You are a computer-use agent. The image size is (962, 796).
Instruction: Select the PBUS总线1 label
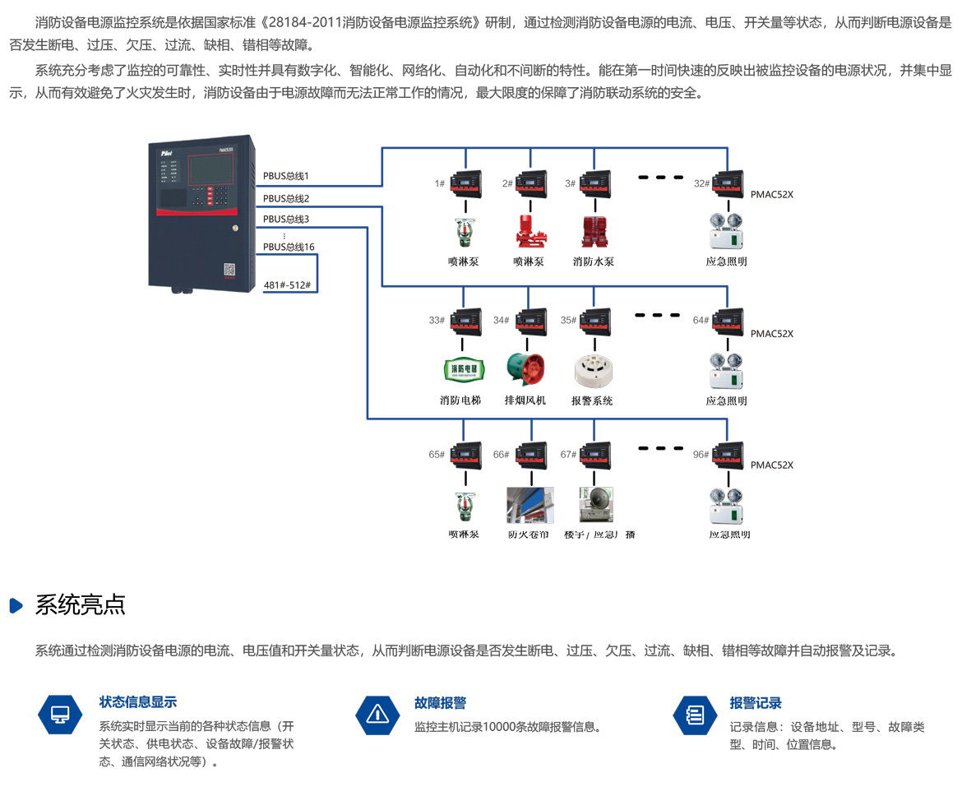click(286, 176)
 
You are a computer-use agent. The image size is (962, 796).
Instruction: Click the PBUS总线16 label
click(289, 247)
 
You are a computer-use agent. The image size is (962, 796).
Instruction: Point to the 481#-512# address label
click(287, 286)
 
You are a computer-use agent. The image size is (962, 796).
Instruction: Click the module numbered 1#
click(466, 182)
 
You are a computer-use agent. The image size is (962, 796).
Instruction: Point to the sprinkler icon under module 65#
click(462, 507)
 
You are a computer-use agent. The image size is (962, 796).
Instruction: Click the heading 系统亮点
click(80, 605)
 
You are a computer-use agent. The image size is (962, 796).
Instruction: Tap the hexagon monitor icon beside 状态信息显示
click(60, 714)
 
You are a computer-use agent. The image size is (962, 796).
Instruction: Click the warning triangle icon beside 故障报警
click(377, 714)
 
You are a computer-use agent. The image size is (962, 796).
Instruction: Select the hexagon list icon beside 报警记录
click(695, 714)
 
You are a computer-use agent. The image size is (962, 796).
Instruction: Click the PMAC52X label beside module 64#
click(771, 334)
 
